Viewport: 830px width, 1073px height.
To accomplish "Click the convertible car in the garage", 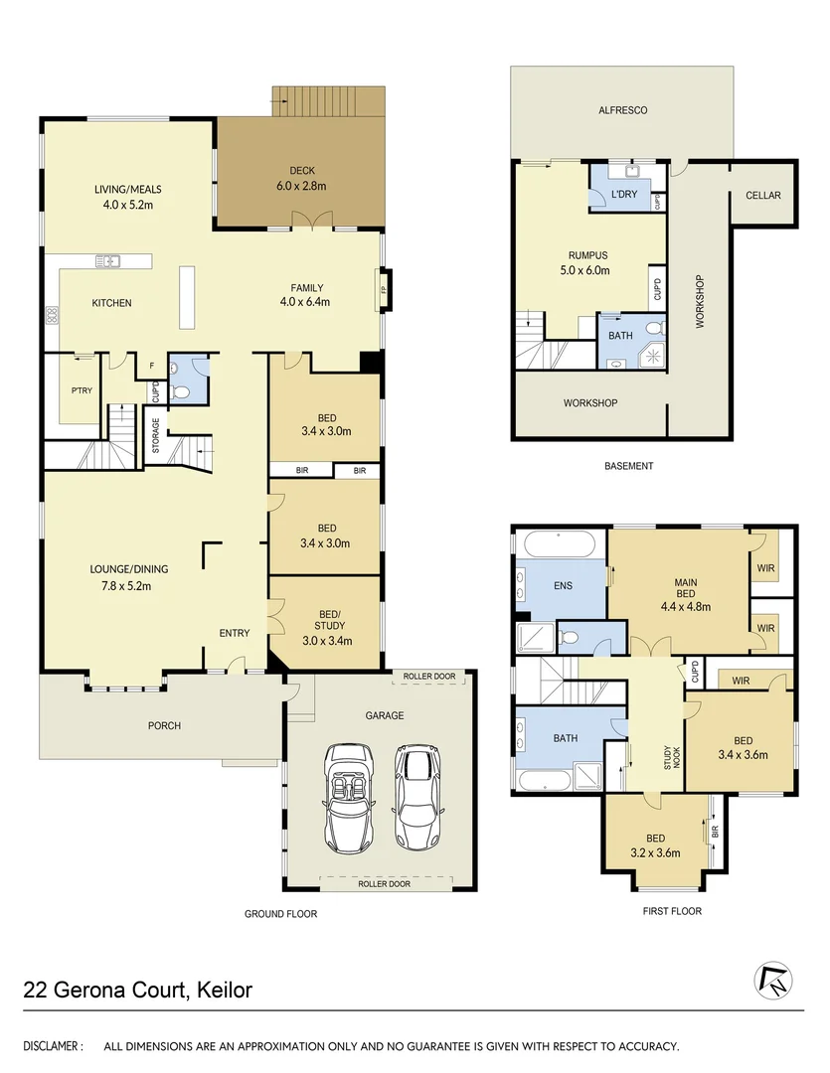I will click(x=347, y=797).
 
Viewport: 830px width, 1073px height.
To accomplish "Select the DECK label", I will click(x=301, y=170).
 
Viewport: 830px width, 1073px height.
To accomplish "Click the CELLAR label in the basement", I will click(x=763, y=195).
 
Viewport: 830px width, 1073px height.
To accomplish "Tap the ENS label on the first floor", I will click(x=563, y=586).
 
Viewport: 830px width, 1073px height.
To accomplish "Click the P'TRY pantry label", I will click(x=82, y=390).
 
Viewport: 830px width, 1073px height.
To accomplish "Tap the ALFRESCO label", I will click(x=623, y=110).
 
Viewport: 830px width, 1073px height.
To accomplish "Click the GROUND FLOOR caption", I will click(x=281, y=913).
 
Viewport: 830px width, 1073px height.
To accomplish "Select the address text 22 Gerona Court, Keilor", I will click(x=138, y=990).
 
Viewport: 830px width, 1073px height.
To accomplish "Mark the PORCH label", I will click(x=164, y=725).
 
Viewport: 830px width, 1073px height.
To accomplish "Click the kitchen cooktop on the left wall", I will click(x=52, y=316).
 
